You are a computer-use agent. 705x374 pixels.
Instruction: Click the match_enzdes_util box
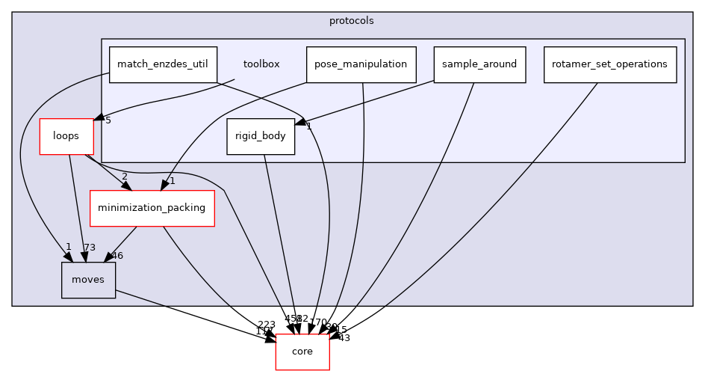pyautogui.click(x=163, y=64)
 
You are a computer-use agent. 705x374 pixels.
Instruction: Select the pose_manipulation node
pyautogui.click(x=361, y=64)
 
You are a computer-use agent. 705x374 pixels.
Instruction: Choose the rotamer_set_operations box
pyautogui.click(x=609, y=64)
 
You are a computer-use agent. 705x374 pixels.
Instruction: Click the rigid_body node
pyautogui.click(x=261, y=136)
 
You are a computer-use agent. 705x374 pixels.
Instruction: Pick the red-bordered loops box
pyautogui.click(x=66, y=136)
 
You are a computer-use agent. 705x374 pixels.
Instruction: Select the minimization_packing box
pyautogui.click(x=152, y=208)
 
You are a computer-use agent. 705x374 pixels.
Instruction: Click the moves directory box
pyautogui.click(x=88, y=280)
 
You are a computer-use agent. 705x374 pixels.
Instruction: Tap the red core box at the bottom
pyautogui.click(x=302, y=352)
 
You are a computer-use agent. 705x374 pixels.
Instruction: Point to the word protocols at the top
pyautogui.click(x=352, y=21)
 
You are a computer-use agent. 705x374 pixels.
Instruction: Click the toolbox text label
pyautogui.click(x=261, y=64)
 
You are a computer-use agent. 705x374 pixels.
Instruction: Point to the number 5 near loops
pyautogui.click(x=108, y=120)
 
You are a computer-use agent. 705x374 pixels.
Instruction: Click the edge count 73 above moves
pyautogui.click(x=89, y=248)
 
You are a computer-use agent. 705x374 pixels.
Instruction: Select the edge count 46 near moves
pyautogui.click(x=117, y=256)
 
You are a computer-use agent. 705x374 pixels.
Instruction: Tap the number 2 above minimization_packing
pyautogui.click(x=125, y=177)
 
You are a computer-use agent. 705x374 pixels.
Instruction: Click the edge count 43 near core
pyautogui.click(x=344, y=338)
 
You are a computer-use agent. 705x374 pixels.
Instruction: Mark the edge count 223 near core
pyautogui.click(x=267, y=325)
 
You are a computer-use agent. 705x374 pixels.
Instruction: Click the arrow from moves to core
pyautogui.click(x=194, y=315)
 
